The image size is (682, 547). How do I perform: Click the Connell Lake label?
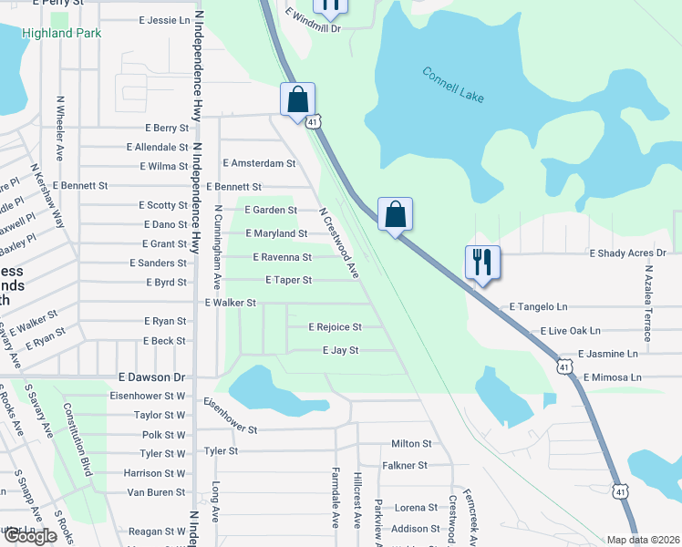tap(453, 85)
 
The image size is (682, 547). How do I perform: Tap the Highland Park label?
tap(60, 33)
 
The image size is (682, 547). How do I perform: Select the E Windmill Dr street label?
tap(312, 21)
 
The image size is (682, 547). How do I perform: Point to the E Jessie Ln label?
tap(165, 19)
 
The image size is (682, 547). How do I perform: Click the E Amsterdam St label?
tap(260, 163)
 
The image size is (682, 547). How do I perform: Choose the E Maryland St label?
tap(276, 233)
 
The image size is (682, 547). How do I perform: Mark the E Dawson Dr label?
tap(151, 377)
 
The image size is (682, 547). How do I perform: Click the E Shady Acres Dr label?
tap(628, 253)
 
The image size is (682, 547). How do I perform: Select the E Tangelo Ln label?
tap(538, 307)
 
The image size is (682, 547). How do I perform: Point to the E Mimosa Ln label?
tap(613, 377)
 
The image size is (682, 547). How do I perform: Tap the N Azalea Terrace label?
tap(648, 304)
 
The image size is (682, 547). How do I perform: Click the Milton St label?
tap(411, 443)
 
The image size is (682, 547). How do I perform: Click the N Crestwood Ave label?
tap(338, 242)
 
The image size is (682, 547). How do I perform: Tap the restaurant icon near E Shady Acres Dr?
tap(480, 263)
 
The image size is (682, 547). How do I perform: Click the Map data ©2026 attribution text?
tap(642, 540)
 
